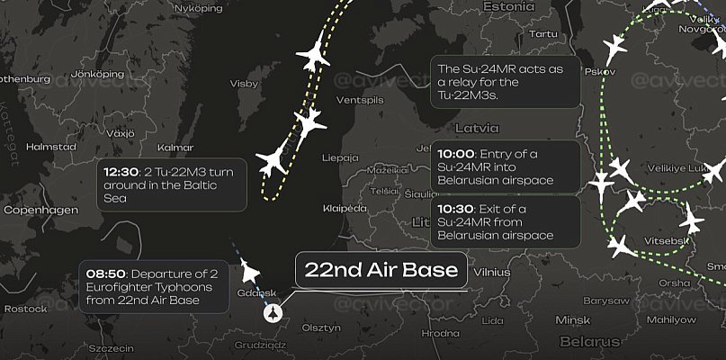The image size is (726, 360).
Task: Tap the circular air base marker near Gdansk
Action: [x=272, y=312]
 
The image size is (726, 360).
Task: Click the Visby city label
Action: [x=244, y=83]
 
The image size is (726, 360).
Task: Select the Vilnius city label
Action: [x=491, y=270]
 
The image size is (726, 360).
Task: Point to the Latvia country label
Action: [x=477, y=128]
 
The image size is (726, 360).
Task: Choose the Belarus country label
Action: [x=589, y=341]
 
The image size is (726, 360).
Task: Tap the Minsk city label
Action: [x=573, y=319]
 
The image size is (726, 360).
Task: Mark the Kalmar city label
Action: [x=175, y=147]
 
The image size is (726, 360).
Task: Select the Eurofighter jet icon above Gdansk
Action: [x=248, y=270]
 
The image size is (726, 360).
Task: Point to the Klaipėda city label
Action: [x=345, y=208]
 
